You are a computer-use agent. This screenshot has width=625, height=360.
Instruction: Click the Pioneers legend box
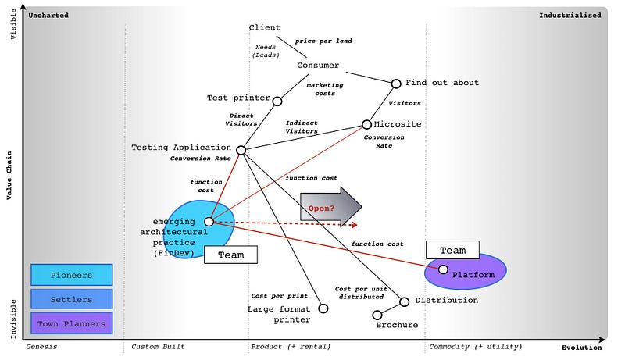point(71,275)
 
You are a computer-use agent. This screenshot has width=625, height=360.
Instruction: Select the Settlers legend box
point(71,299)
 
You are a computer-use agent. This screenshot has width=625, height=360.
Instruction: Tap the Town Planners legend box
point(71,323)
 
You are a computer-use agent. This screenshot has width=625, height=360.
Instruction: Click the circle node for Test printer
point(277,99)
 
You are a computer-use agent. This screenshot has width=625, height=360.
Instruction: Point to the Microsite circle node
point(366,124)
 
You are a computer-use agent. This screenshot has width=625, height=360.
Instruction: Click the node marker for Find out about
point(397,83)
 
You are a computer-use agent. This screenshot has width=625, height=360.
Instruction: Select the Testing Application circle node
point(241,150)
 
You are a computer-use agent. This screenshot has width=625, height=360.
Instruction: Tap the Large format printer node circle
point(323,308)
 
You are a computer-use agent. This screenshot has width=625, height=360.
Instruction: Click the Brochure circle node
point(377,315)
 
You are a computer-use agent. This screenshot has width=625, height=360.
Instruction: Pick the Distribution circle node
point(404,301)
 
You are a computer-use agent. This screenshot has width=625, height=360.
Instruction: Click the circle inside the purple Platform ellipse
point(443,269)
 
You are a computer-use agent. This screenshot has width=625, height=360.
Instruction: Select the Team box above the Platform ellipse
point(453,251)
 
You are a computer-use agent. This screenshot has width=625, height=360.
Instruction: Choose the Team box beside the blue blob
point(230,255)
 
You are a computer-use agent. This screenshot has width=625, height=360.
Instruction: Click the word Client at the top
point(264,28)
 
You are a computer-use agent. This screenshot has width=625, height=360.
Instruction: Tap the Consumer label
point(318,66)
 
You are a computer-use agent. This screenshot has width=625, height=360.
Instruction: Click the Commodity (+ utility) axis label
point(475,346)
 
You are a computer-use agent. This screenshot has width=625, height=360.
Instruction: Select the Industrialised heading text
point(570,15)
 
